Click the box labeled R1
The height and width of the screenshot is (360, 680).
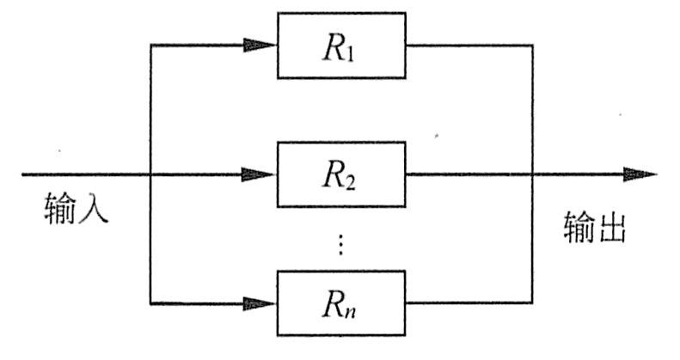coord(341,46)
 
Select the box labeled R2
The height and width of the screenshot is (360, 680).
coord(341,174)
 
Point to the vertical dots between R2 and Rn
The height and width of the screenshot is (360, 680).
coord(341,245)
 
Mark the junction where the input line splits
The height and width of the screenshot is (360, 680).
coord(150,174)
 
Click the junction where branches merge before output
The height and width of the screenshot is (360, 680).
coord(533,174)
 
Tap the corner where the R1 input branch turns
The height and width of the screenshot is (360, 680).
coord(150,46)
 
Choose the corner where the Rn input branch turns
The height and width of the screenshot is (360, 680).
coord(150,302)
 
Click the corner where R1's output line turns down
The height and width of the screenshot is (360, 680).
coord(533,46)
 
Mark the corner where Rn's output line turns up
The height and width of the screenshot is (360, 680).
coord(533,302)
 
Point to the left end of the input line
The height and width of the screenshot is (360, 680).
coord(23,174)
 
